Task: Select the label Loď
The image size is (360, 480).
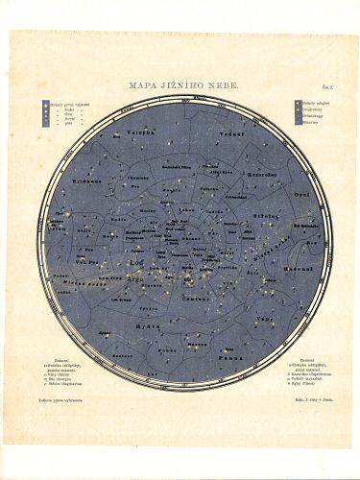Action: pyautogui.click(x=135, y=260)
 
